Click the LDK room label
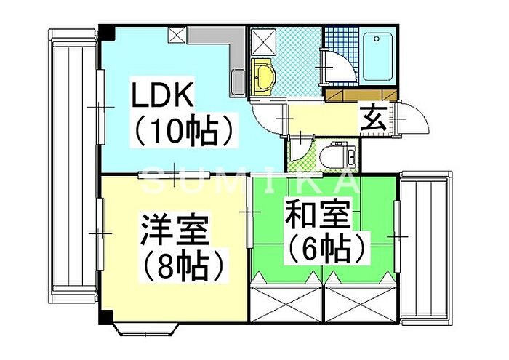[x=162, y=95]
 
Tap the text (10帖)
[x=183, y=129]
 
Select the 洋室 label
[x=174, y=230]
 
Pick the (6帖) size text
[x=326, y=249]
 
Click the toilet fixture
[x=338, y=156]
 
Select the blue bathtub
[x=378, y=57]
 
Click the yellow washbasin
[x=263, y=77]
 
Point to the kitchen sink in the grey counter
[x=239, y=82]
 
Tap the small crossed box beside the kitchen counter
[x=177, y=35]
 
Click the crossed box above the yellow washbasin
[x=263, y=41]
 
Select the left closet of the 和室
[x=287, y=303]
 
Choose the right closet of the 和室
[x=361, y=303]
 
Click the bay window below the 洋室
[x=147, y=329]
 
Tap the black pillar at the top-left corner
[x=107, y=33]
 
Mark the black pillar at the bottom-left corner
[x=106, y=317]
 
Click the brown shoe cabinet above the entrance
[x=361, y=96]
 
